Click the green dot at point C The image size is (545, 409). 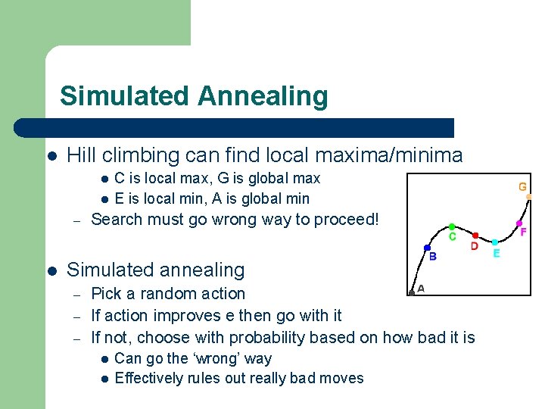452,226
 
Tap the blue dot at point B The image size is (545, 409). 427,248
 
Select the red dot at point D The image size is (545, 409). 475,235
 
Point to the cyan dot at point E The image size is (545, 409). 494,242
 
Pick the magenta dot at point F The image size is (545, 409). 519,223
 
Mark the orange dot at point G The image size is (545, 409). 529,196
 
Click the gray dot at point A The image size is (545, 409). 411,291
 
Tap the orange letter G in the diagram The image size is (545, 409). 522,186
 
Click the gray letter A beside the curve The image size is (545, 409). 421,288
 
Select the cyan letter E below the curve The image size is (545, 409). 497,254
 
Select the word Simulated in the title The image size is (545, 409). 124,96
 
